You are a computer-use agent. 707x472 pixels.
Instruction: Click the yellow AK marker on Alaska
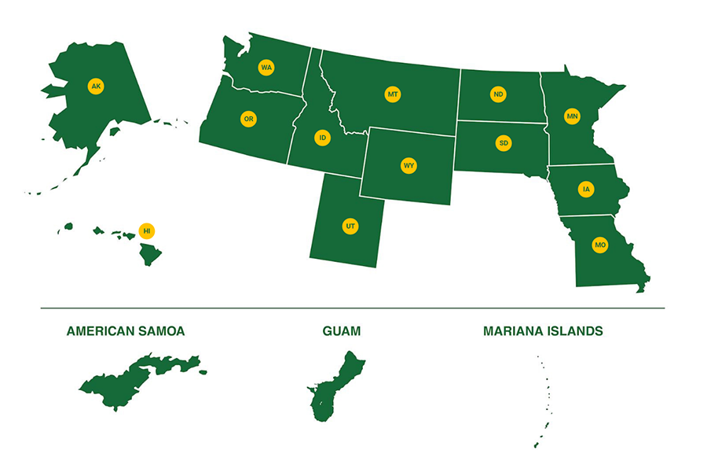pyautogui.click(x=96, y=86)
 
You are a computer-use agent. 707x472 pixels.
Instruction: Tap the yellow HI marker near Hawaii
pyautogui.click(x=145, y=230)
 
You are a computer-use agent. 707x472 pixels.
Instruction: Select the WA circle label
pyautogui.click(x=266, y=68)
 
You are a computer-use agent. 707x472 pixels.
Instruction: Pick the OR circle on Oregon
pyautogui.click(x=248, y=119)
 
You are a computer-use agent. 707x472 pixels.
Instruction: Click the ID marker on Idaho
pyautogui.click(x=321, y=138)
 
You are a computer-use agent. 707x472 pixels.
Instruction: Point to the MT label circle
pyautogui.click(x=393, y=94)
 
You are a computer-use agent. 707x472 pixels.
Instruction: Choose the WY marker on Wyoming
pyautogui.click(x=408, y=165)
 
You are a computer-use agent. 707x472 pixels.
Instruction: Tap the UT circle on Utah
pyautogui.click(x=350, y=227)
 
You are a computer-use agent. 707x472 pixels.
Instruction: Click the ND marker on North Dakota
pyautogui.click(x=498, y=94)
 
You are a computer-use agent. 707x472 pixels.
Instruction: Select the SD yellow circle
pyautogui.click(x=504, y=143)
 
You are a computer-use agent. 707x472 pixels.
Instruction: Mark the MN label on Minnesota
pyautogui.click(x=572, y=116)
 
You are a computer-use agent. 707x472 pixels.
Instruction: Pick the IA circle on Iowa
pyautogui.click(x=586, y=189)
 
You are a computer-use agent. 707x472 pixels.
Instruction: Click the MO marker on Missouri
pyautogui.click(x=600, y=245)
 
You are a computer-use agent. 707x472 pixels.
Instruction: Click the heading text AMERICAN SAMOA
pyautogui.click(x=126, y=331)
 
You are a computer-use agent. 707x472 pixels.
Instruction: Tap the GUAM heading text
pyautogui.click(x=342, y=331)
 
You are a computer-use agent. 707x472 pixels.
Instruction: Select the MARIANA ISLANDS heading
pyautogui.click(x=543, y=331)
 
